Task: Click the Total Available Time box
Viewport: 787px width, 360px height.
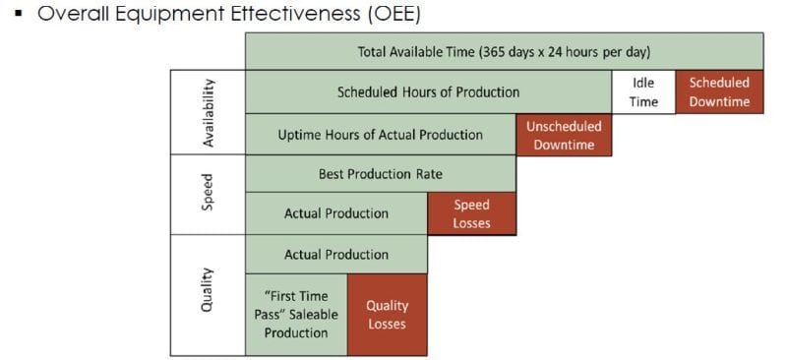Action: pyautogui.click(x=504, y=51)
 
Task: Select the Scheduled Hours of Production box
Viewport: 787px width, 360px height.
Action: pyautogui.click(x=428, y=92)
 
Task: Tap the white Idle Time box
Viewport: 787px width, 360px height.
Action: pyautogui.click(x=642, y=92)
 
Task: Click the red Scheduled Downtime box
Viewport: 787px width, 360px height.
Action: pyautogui.click(x=719, y=92)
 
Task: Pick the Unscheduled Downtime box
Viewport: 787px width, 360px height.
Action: pyautogui.click(x=564, y=135)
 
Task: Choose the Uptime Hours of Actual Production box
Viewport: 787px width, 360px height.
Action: pyautogui.click(x=380, y=135)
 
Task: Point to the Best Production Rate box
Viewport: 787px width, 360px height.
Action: pyautogui.click(x=380, y=174)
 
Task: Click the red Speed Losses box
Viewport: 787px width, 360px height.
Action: pyautogui.click(x=471, y=213)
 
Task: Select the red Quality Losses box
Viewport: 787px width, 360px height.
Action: pyautogui.click(x=387, y=314)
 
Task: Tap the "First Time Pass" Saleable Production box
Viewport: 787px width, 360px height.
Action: pyautogui.click(x=296, y=314)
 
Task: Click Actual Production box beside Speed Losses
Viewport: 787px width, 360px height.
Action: pyautogui.click(x=335, y=213)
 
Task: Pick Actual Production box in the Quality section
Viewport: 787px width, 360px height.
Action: pyautogui.click(x=335, y=254)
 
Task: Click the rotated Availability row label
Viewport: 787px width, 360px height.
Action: pyautogui.click(x=208, y=113)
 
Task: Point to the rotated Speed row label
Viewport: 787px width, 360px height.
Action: pyautogui.click(x=208, y=194)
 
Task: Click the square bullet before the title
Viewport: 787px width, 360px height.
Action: pyautogui.click(x=19, y=17)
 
